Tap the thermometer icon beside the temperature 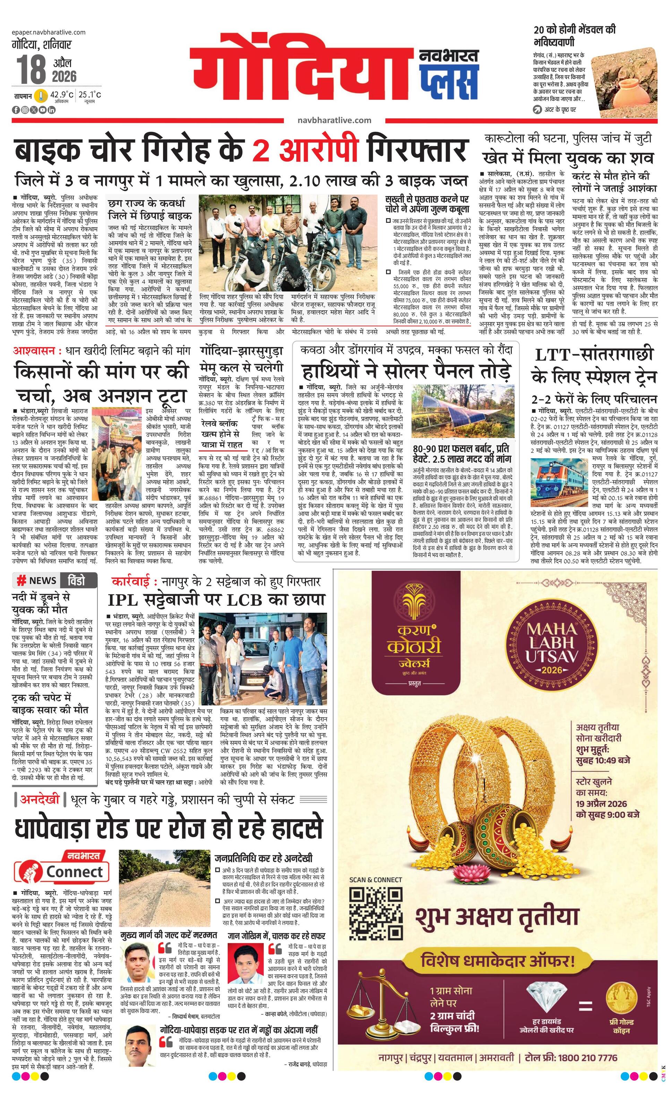[x=42, y=96]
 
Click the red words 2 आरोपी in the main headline [x=305, y=151]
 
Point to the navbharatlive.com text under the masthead [x=334, y=120]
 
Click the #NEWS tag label [x=36, y=581]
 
